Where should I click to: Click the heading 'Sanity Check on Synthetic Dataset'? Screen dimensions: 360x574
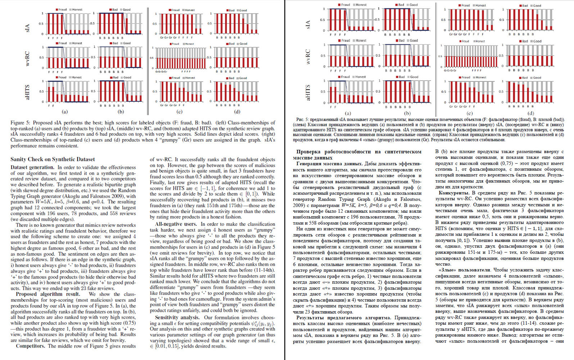[53, 159]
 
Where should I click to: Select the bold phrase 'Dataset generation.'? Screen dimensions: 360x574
[32, 167]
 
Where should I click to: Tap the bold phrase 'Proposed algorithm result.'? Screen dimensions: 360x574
[48, 294]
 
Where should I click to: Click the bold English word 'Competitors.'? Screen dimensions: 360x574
[30, 346]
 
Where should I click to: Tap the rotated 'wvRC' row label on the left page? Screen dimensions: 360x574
[27, 58]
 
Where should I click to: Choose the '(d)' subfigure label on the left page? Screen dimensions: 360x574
[237, 112]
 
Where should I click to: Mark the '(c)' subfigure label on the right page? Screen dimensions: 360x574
[470, 113]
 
